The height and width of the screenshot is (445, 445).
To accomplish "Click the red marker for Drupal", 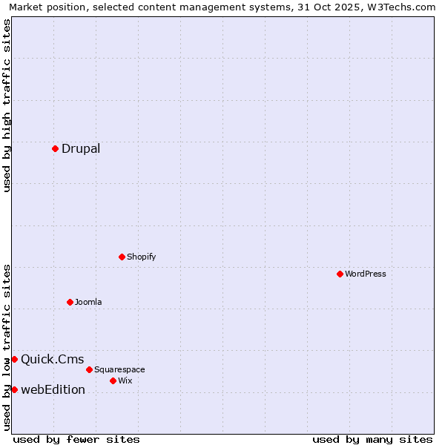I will point(55,148).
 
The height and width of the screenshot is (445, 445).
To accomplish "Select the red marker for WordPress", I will point(340,274).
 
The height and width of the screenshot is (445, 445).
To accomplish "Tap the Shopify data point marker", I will point(122,257).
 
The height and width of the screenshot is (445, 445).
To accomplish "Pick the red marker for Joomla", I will point(70,302).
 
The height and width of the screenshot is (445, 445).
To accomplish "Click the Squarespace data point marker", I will point(89,369).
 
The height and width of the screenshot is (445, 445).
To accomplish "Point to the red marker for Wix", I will point(113,380).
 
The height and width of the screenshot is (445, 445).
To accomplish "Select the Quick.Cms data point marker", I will point(14,360).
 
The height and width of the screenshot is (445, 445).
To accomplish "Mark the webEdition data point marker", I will point(14,390).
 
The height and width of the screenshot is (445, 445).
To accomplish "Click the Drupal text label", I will point(81,148).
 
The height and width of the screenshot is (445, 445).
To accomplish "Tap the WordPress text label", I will point(366,274).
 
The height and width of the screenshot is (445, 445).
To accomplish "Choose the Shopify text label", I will point(141,257).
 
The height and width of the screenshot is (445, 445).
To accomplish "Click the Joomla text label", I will point(88,302).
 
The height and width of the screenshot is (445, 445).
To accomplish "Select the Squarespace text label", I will point(119,369).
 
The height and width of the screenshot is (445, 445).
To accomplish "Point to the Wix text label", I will point(125,380).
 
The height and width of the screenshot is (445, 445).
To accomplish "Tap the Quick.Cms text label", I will point(52,360).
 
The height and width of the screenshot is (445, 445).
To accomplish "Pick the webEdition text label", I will point(53,390).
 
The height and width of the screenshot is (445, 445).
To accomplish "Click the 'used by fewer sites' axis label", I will point(76,439).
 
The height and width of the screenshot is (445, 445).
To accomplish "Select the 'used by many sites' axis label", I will point(372,439).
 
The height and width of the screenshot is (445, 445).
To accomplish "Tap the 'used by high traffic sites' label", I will point(7,105).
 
